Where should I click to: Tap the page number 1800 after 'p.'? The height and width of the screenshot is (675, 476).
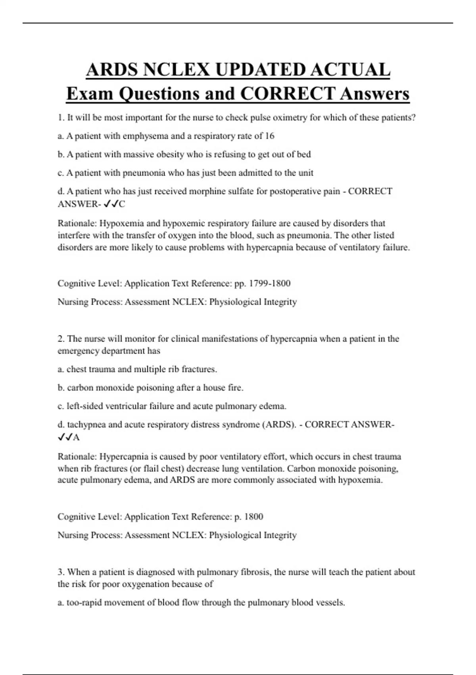(x=253, y=517)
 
